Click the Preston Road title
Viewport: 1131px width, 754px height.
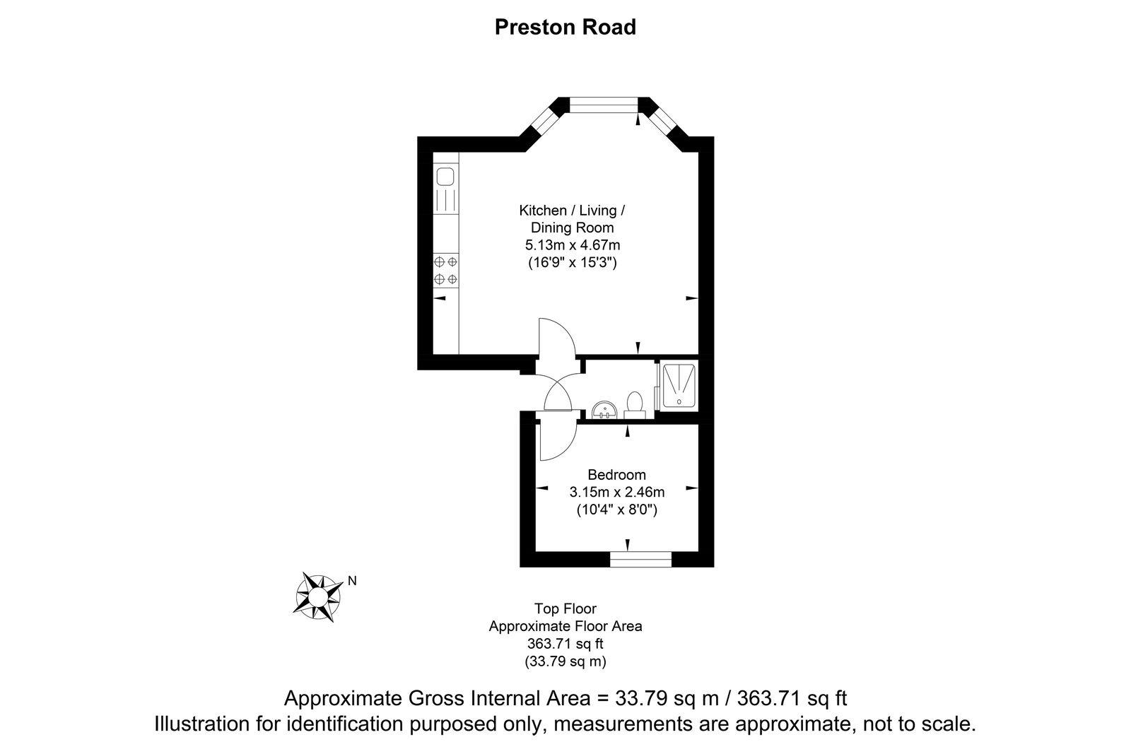565,27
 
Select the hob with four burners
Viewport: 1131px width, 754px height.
446,271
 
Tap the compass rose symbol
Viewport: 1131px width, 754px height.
317,597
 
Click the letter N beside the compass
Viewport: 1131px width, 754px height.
352,581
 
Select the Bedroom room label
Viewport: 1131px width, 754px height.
616,474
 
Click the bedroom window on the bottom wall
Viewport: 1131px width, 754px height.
640,560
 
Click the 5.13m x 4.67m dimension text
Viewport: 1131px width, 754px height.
572,245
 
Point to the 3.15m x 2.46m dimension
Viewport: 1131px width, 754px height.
616,492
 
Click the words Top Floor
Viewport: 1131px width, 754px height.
565,608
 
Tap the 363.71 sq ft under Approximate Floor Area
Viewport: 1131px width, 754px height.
565,644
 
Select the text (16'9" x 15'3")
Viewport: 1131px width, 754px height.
572,263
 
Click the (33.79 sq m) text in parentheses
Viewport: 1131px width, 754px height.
565,662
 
